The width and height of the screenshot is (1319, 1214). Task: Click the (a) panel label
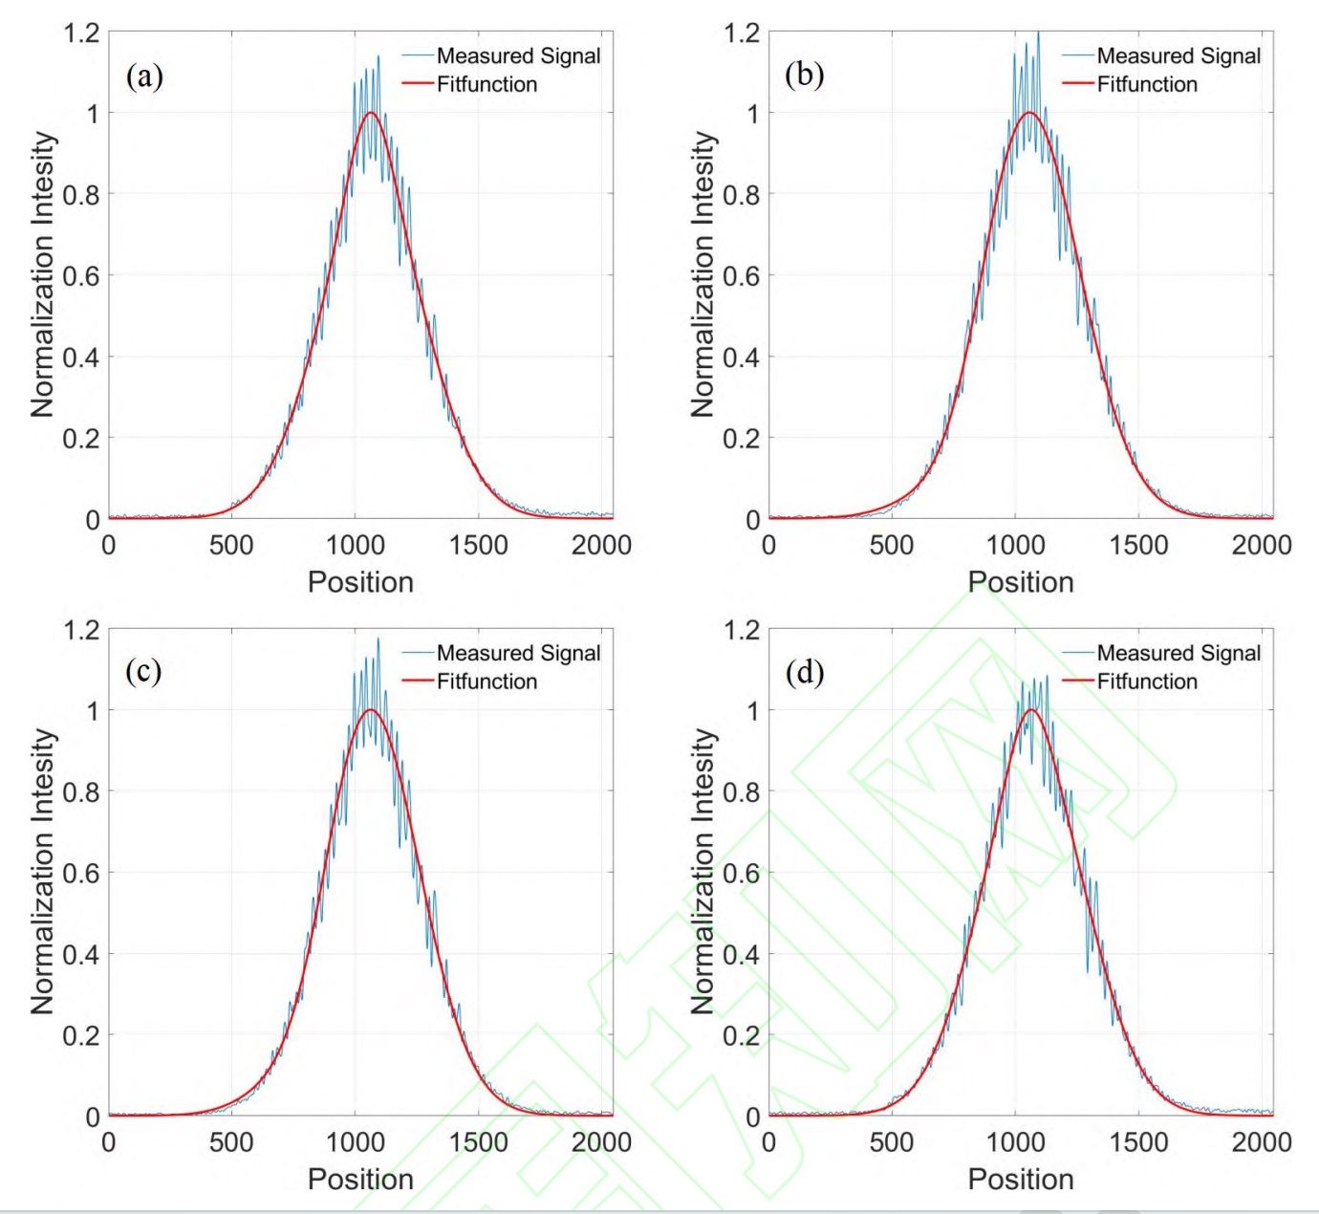pos(144,76)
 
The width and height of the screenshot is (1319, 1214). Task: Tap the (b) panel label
pos(804,76)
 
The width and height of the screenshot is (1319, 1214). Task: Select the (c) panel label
pos(143,672)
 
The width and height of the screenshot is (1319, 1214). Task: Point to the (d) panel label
pos(804,673)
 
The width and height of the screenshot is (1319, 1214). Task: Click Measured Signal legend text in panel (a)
pos(518,56)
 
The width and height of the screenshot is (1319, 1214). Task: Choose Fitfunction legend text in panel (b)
pos(1147,84)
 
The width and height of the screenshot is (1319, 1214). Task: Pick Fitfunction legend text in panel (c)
pos(487,682)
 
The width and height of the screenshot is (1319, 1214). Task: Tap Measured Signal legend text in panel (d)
pos(1178,654)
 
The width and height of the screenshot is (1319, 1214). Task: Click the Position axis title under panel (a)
pos(360,582)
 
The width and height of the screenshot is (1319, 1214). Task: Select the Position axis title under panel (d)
pos(1021,1179)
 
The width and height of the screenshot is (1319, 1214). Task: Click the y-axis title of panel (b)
pos(703,275)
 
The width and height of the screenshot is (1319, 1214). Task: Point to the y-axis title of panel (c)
pos(43,872)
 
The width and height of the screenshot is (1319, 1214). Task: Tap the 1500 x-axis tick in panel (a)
pos(478,546)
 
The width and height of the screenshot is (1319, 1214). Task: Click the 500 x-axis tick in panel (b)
pos(891,546)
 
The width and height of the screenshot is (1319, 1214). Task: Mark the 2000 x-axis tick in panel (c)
pos(601,1142)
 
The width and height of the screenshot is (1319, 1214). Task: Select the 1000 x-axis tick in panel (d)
pos(1014,1142)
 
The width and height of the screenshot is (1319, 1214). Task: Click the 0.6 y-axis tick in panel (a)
pos(80,276)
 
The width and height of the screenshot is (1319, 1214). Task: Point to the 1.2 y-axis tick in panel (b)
pos(741,33)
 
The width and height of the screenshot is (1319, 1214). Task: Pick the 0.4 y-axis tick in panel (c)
pos(80,954)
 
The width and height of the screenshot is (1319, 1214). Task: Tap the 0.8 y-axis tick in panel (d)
pos(741,791)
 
